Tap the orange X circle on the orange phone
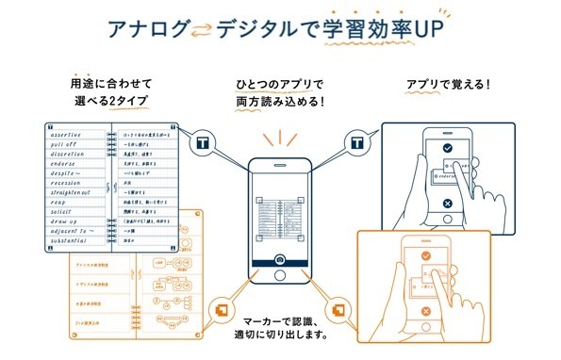point(425,310)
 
